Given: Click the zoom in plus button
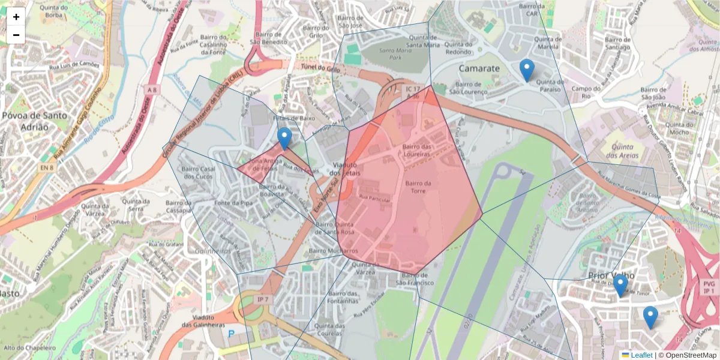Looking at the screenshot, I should click(16, 17).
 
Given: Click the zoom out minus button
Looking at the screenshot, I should click(16, 35).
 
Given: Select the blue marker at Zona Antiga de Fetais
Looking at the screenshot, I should click(284, 139).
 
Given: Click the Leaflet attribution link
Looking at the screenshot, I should click(641, 355).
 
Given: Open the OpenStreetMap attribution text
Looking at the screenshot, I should click(690, 355).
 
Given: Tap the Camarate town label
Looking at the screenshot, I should click(479, 68).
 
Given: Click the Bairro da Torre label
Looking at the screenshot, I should click(419, 187).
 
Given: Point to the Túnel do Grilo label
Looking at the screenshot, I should click(320, 69).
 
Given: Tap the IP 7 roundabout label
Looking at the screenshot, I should click(262, 299).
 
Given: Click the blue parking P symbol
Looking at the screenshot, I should click(231, 334).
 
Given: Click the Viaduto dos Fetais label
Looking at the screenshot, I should click(344, 169).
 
